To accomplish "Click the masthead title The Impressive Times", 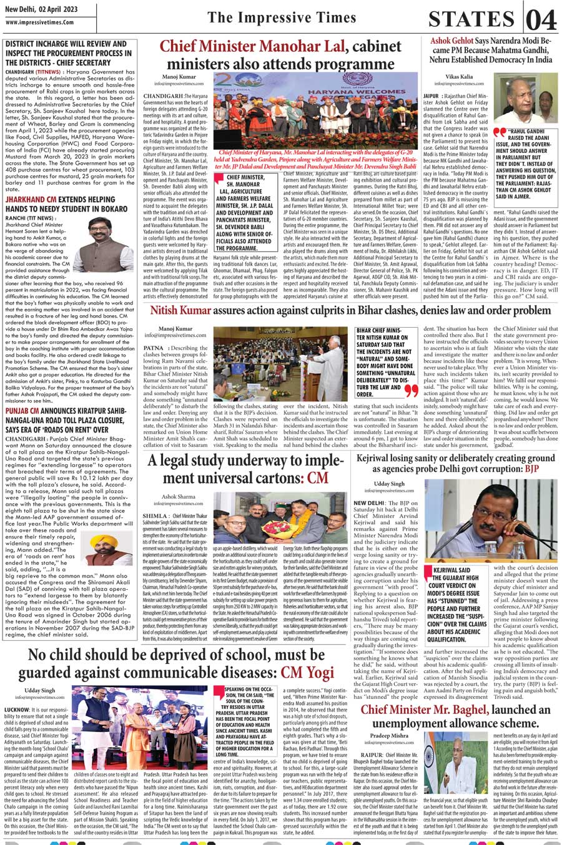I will click(281, 17).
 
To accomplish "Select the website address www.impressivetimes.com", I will click(39, 22).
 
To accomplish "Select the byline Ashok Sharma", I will click(178, 497).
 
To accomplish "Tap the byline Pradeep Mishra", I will click(389, 736).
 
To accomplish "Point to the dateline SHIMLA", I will click(155, 517).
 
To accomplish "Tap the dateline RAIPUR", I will click(372, 755).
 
